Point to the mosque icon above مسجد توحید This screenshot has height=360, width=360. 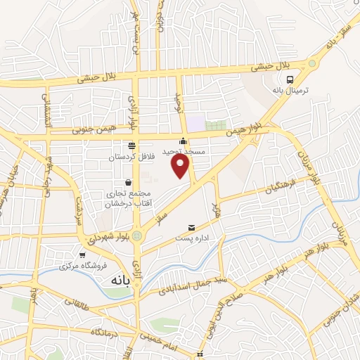[x=184, y=140]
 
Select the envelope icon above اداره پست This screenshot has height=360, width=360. [x=191, y=228]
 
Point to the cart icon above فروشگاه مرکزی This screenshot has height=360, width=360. [x=83, y=255]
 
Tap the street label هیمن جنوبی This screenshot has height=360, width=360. [x=92, y=130]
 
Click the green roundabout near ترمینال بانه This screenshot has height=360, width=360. [x=311, y=63]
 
